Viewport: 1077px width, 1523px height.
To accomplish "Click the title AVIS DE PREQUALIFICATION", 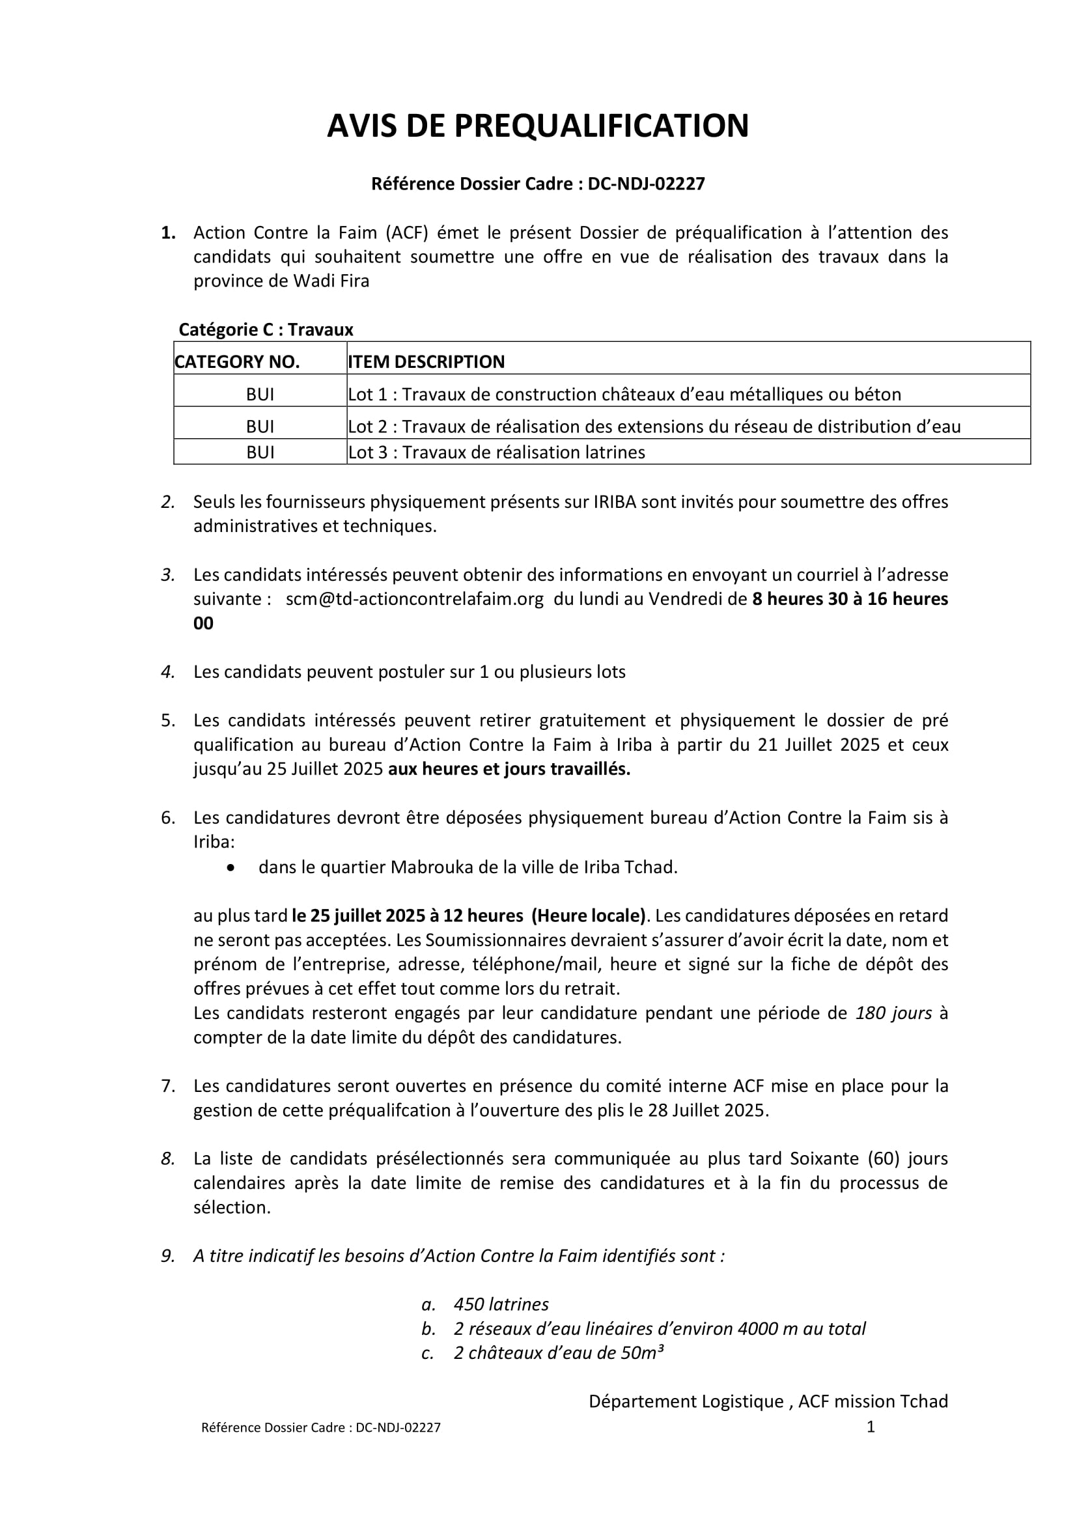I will click(x=538, y=126).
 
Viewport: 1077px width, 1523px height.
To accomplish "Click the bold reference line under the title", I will click(x=538, y=184).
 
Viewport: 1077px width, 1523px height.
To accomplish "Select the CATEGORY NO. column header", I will click(x=238, y=361).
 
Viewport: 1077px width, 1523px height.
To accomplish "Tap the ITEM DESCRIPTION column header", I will click(x=427, y=361).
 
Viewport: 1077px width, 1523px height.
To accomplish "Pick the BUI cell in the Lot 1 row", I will click(x=260, y=395).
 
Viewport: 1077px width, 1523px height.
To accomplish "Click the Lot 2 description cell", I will click(x=654, y=426).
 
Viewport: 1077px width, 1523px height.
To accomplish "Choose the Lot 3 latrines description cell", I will click(x=497, y=453).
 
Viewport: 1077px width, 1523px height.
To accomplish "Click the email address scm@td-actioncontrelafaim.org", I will click(x=415, y=599).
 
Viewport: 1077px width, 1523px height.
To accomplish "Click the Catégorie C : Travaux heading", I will click(x=266, y=329).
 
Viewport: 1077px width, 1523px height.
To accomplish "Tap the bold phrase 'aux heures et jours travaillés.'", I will click(x=509, y=769).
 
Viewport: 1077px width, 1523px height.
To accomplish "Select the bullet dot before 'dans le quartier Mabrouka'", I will click(x=231, y=867).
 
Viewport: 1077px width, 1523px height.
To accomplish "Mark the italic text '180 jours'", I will click(x=893, y=1013).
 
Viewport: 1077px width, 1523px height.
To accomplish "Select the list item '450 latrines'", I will click(x=501, y=1304).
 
